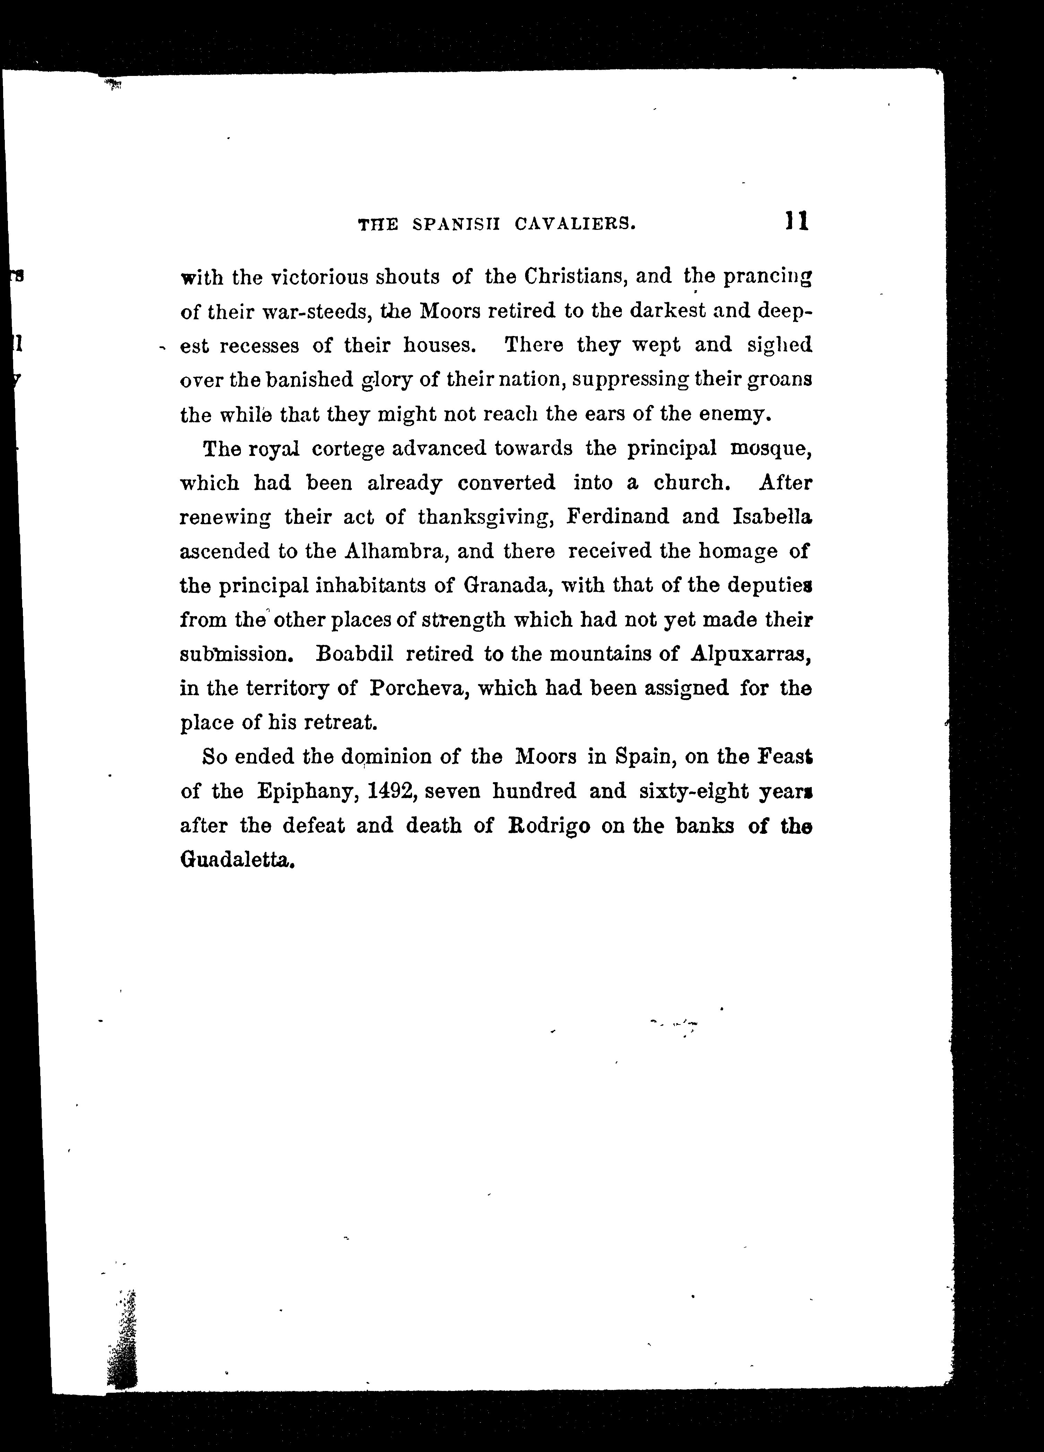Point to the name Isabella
tap(772, 517)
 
